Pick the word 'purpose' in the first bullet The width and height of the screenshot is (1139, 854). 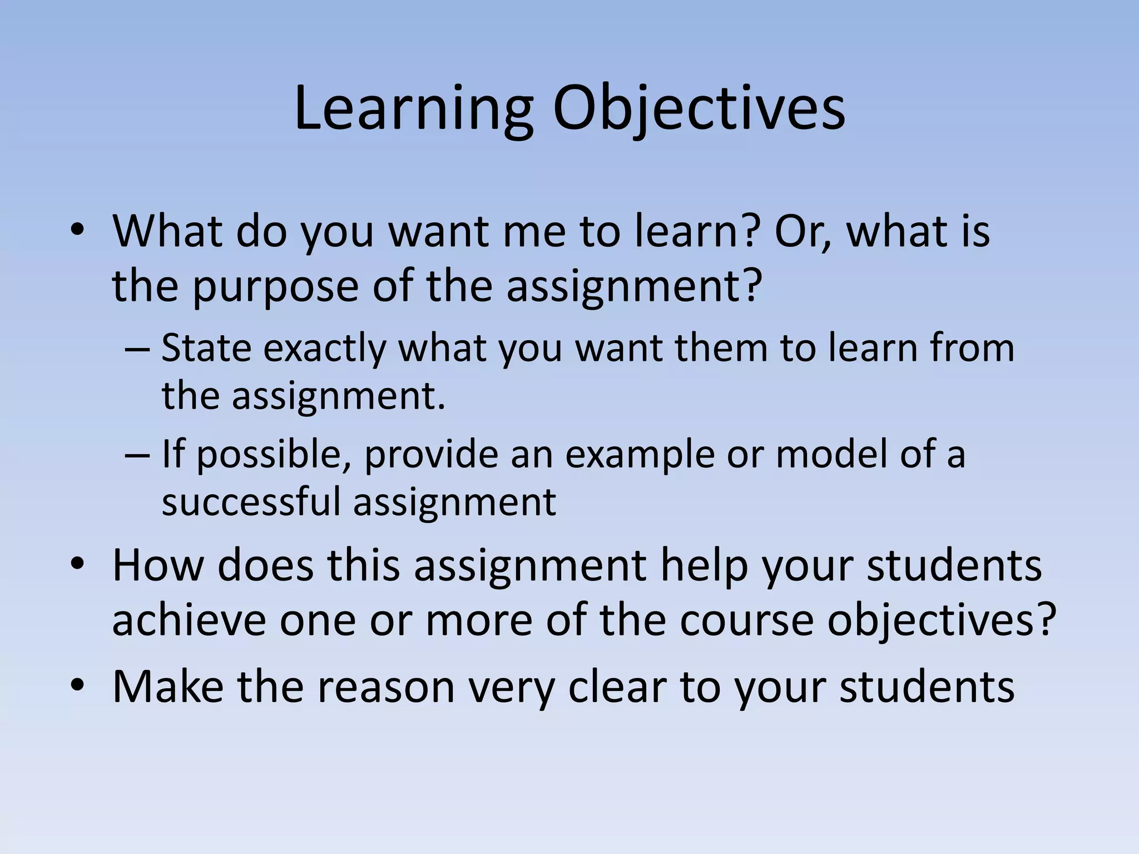276,287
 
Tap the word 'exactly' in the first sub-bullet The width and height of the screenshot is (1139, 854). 325,349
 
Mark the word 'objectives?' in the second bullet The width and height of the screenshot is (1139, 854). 942,621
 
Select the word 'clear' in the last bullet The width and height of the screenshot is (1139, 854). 616,686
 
